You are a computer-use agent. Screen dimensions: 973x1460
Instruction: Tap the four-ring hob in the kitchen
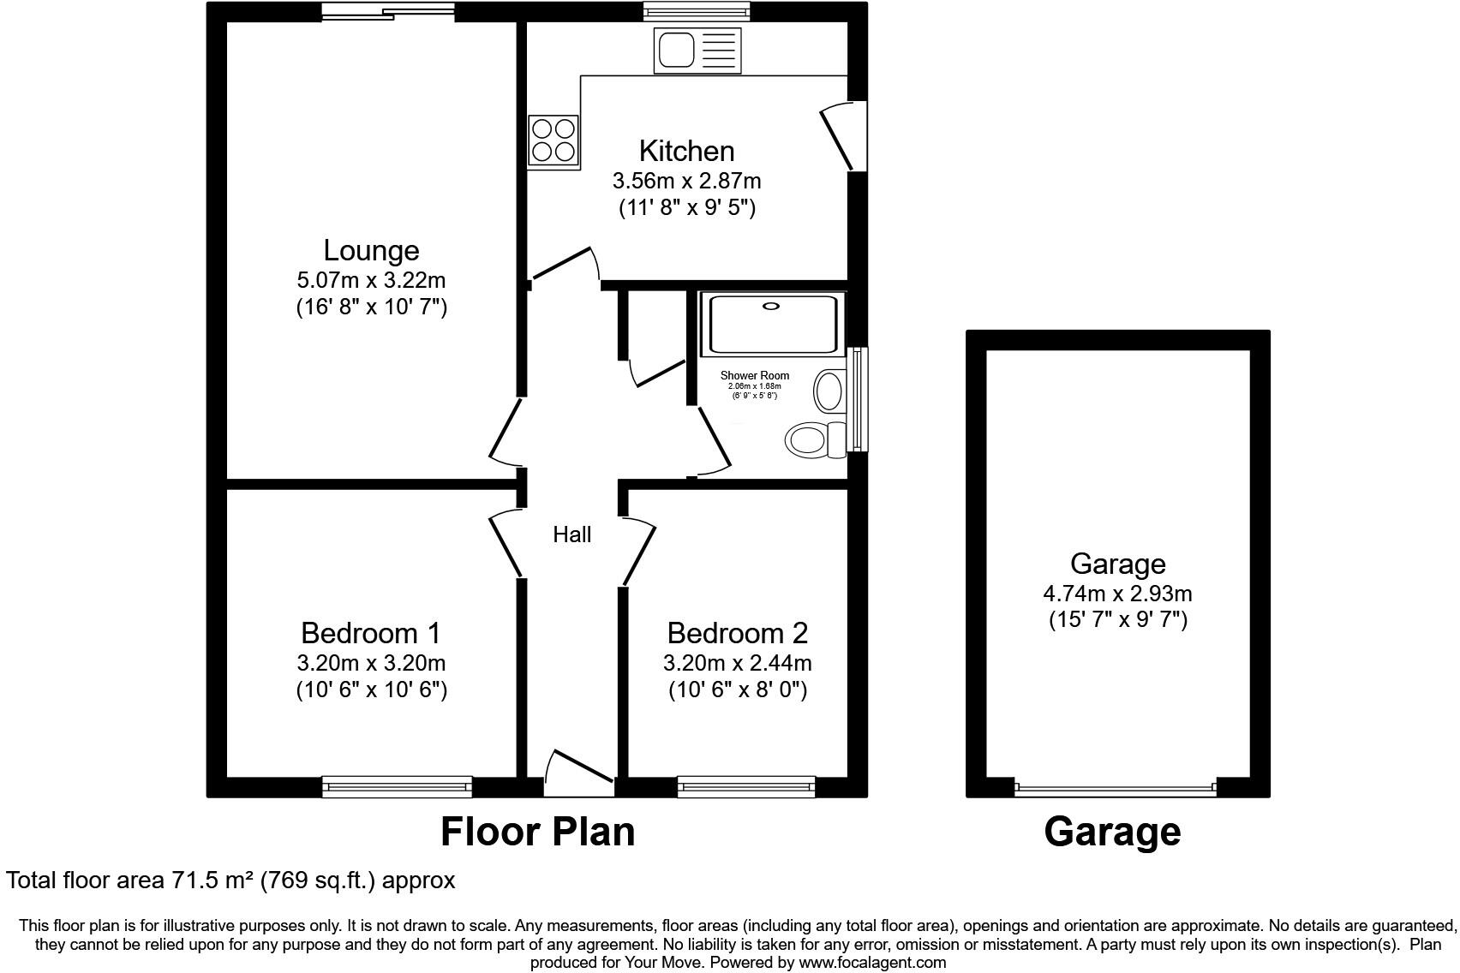click(553, 140)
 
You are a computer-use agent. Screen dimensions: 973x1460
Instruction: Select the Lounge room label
click(371, 250)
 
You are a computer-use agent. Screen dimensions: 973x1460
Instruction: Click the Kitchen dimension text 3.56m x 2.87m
click(686, 182)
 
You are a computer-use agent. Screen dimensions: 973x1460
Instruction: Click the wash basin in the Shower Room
click(829, 391)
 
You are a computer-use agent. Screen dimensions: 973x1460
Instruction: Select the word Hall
click(571, 535)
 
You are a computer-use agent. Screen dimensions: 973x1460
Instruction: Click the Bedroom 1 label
click(371, 633)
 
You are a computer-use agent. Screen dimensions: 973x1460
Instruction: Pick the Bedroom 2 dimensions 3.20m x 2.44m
click(737, 663)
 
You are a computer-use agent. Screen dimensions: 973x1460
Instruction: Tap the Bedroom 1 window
click(397, 785)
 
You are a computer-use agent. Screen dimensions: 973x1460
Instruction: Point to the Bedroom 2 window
click(745, 785)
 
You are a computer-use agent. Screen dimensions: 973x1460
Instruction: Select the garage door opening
click(1114, 788)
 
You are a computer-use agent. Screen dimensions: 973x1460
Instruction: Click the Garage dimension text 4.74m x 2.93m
click(1117, 594)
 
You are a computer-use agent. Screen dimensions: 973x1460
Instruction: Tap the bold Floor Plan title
click(537, 832)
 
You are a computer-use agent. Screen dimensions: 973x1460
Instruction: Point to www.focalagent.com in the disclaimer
click(872, 963)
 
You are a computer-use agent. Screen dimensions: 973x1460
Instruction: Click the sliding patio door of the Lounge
click(388, 11)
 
